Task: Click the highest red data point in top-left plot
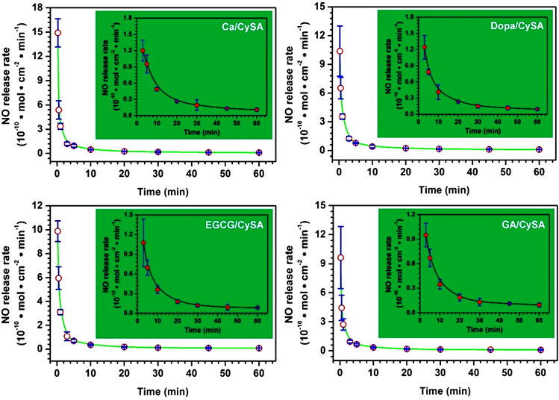pos(57,33)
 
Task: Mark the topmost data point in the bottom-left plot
pos(57,231)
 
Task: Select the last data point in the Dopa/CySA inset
pos(537,110)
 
